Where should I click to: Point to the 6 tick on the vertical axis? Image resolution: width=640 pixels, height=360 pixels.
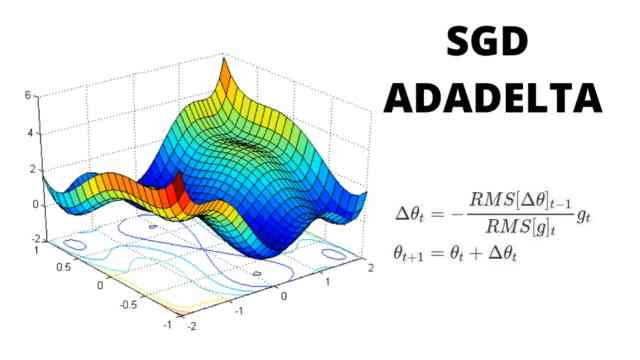click(x=30, y=95)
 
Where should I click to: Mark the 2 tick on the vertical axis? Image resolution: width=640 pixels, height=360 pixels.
click(x=30, y=168)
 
